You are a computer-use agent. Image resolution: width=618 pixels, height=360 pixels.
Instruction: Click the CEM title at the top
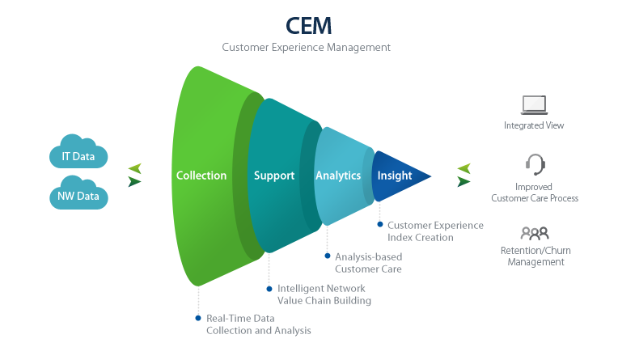pos(308,25)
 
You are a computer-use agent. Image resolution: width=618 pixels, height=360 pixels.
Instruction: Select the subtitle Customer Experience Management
pos(307,48)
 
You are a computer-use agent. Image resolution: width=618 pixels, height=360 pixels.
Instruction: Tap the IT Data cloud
pos(78,155)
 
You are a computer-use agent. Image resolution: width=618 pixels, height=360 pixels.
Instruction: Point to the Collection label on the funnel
pos(201,176)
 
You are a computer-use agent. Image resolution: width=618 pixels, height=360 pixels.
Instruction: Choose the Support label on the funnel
pos(273,176)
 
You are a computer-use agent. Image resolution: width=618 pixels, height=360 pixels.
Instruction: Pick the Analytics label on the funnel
pos(338,176)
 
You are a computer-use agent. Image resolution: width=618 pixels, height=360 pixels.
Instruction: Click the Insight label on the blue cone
pos(395,176)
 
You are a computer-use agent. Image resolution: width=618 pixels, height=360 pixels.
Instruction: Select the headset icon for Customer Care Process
pos(535,165)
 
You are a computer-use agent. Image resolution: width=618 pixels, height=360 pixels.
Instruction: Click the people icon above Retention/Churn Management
pos(534,234)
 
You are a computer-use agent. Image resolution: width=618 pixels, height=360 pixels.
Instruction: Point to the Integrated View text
pos(534,125)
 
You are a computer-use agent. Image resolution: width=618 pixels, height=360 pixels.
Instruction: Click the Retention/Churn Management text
pos(535,256)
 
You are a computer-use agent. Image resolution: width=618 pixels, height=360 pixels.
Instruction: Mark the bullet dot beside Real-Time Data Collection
pos(197,318)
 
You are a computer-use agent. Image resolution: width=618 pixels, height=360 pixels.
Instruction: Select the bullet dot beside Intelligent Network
pos(269,288)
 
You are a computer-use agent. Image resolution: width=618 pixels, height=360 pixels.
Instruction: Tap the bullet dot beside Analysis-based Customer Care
pos(327,256)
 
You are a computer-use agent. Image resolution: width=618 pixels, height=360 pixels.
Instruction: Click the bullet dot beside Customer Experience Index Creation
pos(379,225)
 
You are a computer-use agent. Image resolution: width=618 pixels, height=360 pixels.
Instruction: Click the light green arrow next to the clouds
pos(135,168)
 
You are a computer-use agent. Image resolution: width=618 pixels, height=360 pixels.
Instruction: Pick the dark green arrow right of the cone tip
pos(463,182)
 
